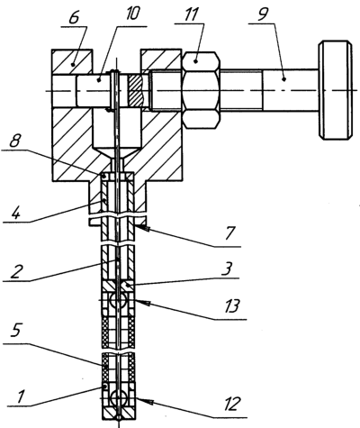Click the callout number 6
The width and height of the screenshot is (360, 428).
click(74, 17)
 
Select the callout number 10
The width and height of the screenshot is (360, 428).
click(132, 14)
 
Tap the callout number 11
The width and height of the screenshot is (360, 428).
click(191, 14)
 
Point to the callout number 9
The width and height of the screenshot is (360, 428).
click(263, 14)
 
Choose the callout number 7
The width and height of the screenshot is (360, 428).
click(230, 233)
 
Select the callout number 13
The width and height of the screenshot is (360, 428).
click(231, 306)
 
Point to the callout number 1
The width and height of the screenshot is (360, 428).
click(20, 396)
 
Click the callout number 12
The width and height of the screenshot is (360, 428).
click(231, 404)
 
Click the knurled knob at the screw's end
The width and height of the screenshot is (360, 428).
click(335, 90)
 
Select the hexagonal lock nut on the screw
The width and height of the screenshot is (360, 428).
click(202, 90)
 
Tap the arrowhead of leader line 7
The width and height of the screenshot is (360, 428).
click(140, 228)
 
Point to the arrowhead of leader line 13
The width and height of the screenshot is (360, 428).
click(140, 302)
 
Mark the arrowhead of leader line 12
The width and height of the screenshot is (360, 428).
click(142, 400)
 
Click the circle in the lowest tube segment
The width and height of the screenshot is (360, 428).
click(118, 399)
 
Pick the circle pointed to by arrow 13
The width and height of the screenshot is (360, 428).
click(118, 300)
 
